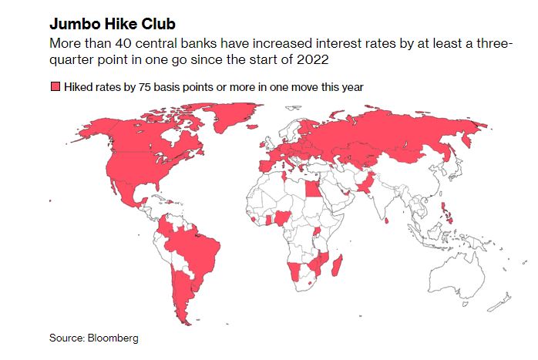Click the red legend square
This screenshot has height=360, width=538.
coord(55,88)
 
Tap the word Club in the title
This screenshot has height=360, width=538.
coord(159,24)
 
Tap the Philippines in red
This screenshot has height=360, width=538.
coord(446,213)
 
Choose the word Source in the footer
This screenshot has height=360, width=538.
coord(66,338)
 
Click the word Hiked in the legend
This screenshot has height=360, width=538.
coord(79,88)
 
